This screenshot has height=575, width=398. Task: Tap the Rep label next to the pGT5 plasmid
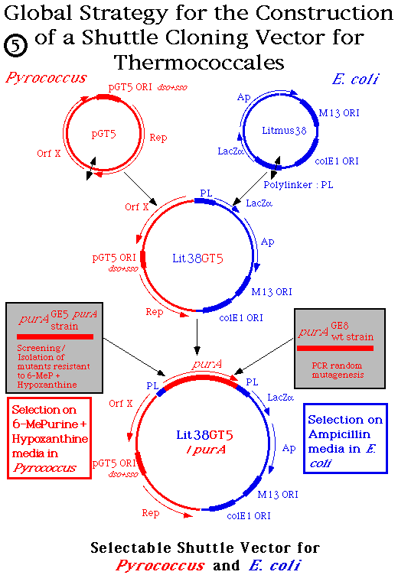(158, 138)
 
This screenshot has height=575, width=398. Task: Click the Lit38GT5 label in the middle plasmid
(197, 258)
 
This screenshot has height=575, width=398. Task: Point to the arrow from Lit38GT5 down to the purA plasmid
(198, 333)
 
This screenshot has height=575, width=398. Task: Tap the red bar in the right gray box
(334, 348)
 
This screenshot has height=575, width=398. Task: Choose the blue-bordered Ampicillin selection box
(344, 437)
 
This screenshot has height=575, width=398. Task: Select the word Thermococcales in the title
(197, 62)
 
